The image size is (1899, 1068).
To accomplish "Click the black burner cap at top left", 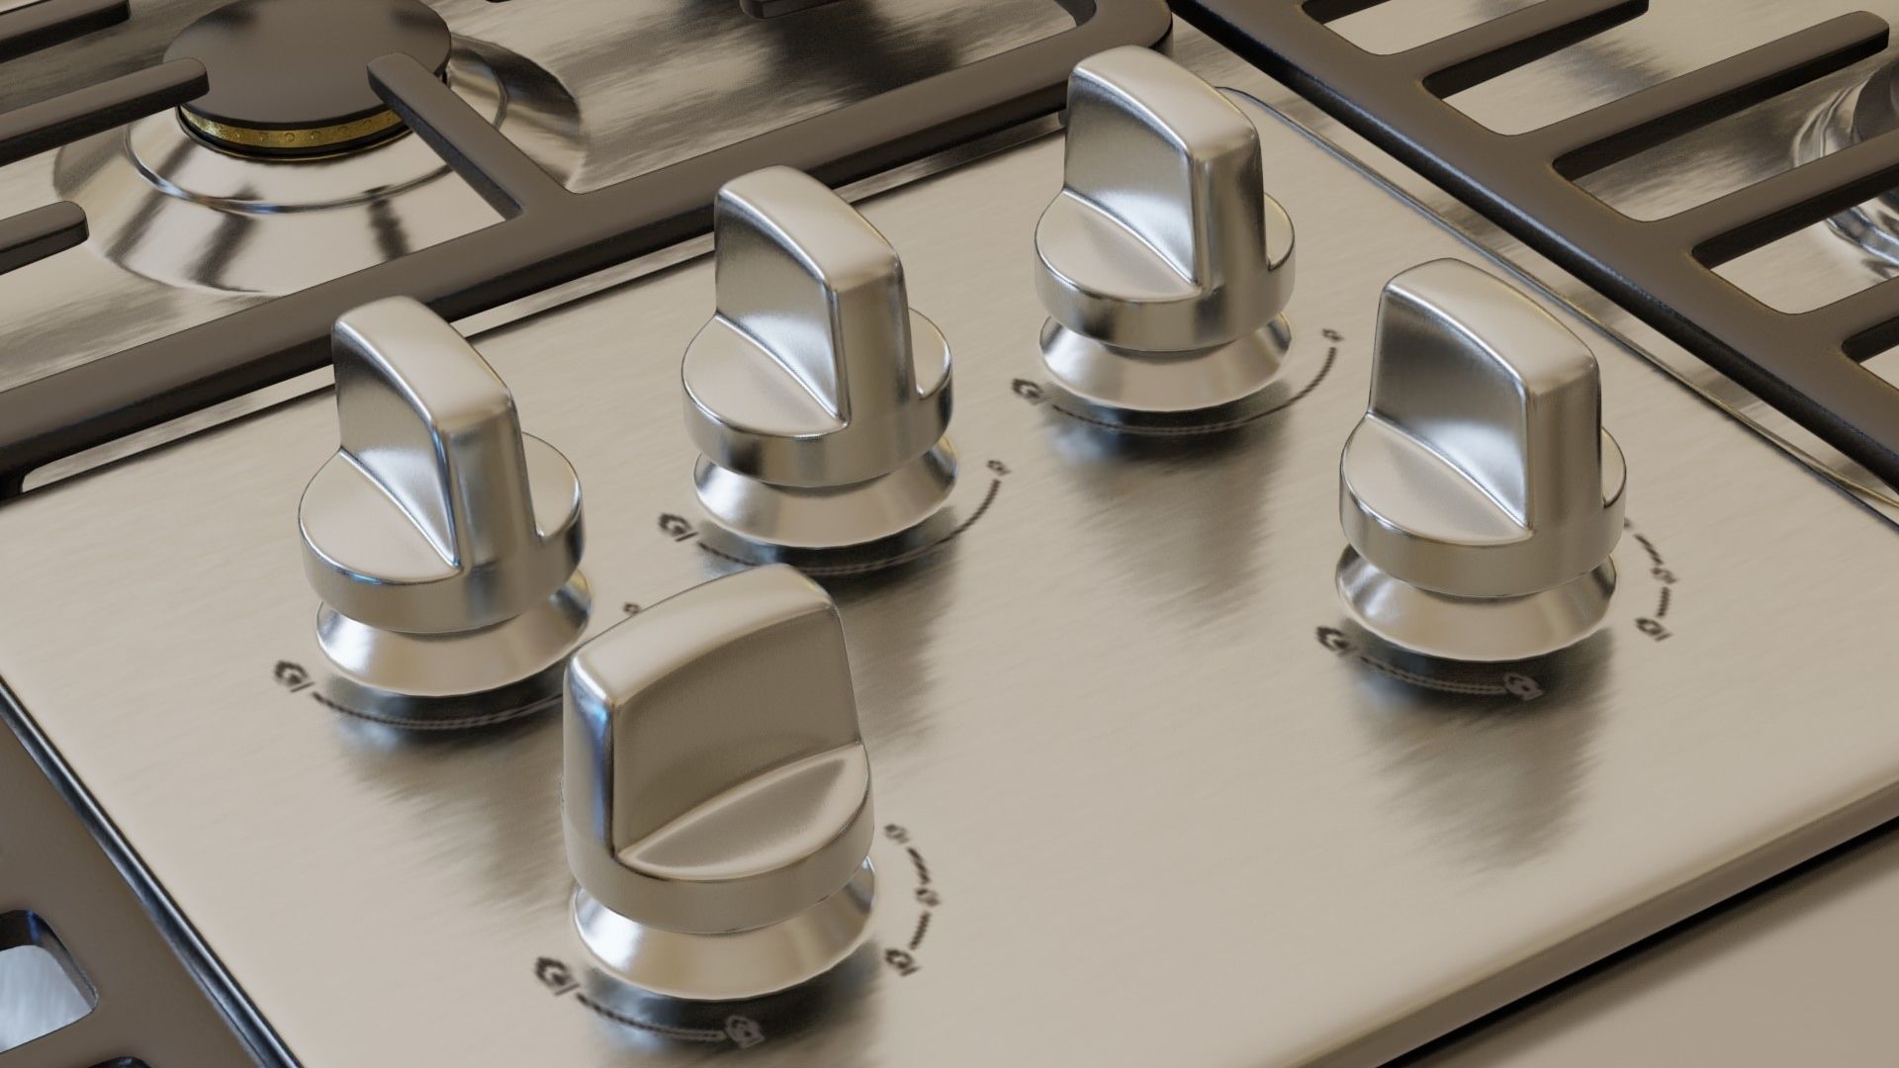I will (x=297, y=59).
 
